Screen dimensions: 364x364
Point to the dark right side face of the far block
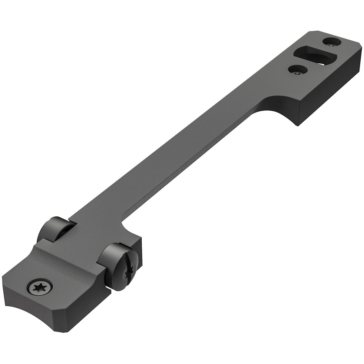tap(331, 97)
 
